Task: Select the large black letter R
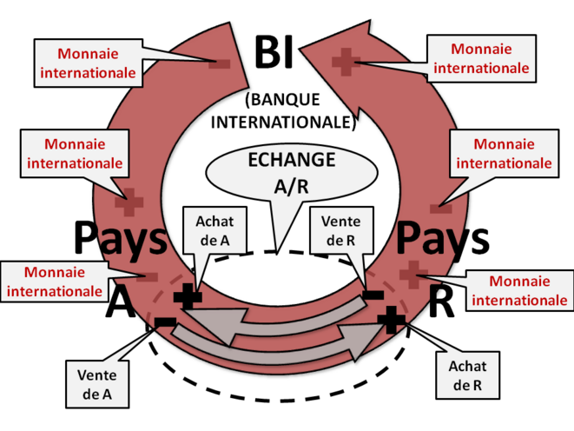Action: pos(442,302)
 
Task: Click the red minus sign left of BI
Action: pos(219,63)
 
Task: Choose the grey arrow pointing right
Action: pos(295,341)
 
